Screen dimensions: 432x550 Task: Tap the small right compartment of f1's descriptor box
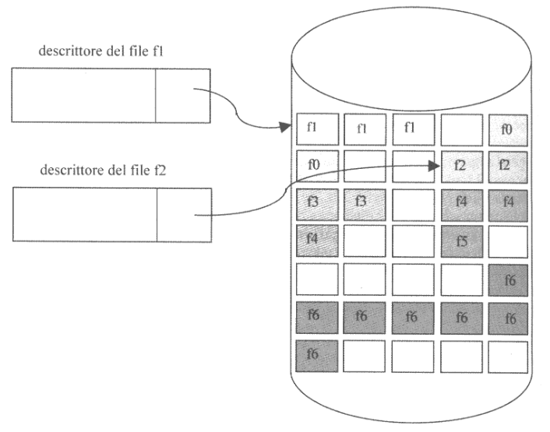pyautogui.click(x=182, y=96)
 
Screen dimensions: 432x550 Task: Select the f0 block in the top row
pyautogui.click(x=507, y=129)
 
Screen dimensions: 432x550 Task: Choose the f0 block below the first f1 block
pyautogui.click(x=316, y=166)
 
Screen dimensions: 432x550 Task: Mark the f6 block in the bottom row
pyautogui.click(x=316, y=354)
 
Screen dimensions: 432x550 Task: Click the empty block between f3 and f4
pyautogui.click(x=411, y=204)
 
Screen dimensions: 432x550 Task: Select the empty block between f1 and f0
pyautogui.click(x=460, y=129)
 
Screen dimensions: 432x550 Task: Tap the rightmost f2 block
pyautogui.click(x=507, y=166)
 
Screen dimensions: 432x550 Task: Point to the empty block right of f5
pyautogui.click(x=507, y=242)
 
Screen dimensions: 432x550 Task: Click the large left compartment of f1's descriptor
pyautogui.click(x=83, y=96)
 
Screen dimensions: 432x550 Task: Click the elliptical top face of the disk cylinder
pyautogui.click(x=411, y=54)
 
